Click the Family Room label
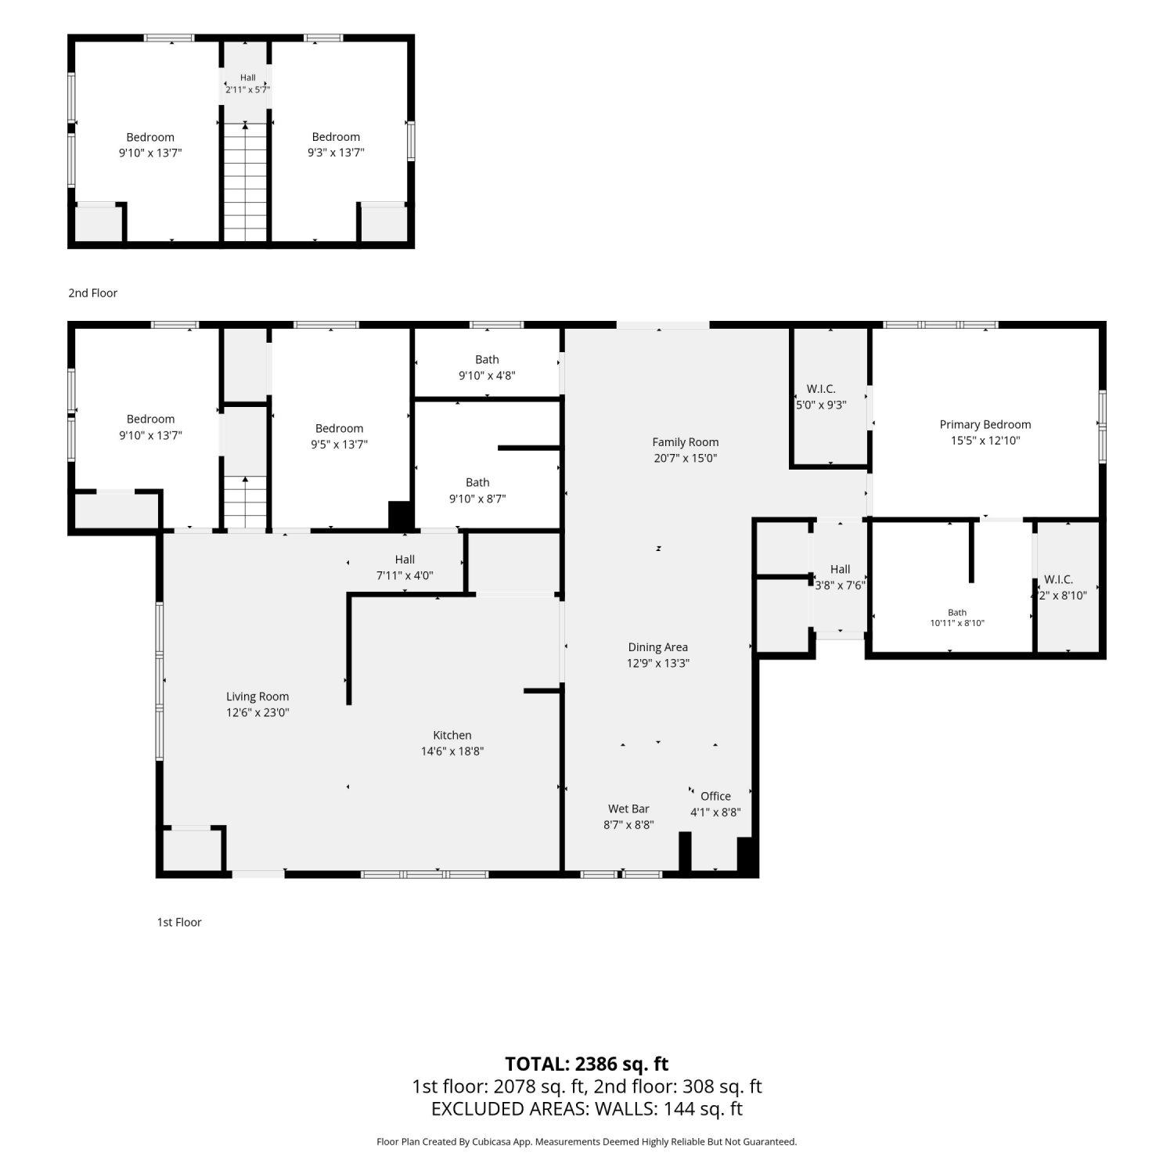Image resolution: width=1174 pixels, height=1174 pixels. click(686, 442)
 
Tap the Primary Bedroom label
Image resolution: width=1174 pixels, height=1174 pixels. click(985, 425)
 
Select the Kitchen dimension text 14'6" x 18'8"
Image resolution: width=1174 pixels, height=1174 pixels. click(452, 751)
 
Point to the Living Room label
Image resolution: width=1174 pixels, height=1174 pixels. click(257, 697)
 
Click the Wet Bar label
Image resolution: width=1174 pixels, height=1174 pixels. click(628, 809)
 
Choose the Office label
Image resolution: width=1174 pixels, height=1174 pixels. click(715, 796)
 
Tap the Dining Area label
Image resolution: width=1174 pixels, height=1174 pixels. click(658, 647)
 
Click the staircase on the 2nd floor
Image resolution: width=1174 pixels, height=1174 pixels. click(246, 182)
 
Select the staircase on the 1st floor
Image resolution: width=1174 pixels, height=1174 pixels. click(246, 502)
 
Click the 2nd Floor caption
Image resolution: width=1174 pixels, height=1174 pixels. click(92, 293)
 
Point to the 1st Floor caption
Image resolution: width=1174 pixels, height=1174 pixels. click(179, 922)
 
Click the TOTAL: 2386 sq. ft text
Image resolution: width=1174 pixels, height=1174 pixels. click(587, 1064)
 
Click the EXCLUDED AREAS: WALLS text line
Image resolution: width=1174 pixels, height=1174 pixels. click(587, 1109)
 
